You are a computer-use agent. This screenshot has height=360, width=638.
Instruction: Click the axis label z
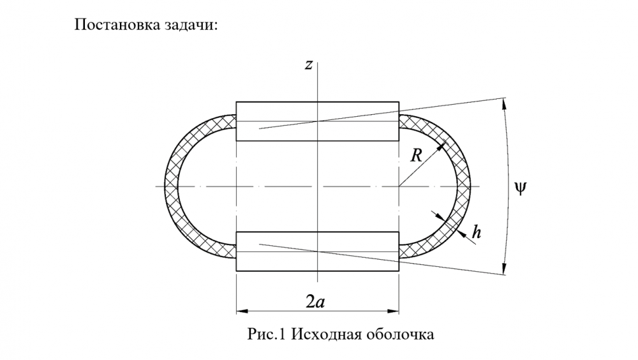(x=308, y=65)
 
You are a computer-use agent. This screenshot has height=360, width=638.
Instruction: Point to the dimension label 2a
(x=318, y=301)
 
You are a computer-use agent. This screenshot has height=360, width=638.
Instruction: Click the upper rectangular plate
(x=317, y=121)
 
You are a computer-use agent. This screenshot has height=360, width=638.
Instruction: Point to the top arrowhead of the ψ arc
(x=505, y=101)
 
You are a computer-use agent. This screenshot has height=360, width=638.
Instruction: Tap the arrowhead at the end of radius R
(x=440, y=147)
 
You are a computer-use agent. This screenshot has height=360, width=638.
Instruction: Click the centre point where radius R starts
(x=399, y=186)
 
